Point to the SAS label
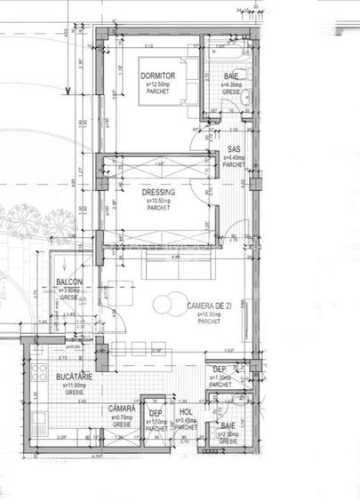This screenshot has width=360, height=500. (234, 149)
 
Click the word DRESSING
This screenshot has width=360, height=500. (158, 193)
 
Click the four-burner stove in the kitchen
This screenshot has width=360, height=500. (38, 368)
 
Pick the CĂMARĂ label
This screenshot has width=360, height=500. (121, 409)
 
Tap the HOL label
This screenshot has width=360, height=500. (186, 412)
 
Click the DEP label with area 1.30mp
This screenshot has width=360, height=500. (220, 369)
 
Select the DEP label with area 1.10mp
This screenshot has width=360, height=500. (156, 413)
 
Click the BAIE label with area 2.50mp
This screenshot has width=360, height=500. (228, 425)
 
